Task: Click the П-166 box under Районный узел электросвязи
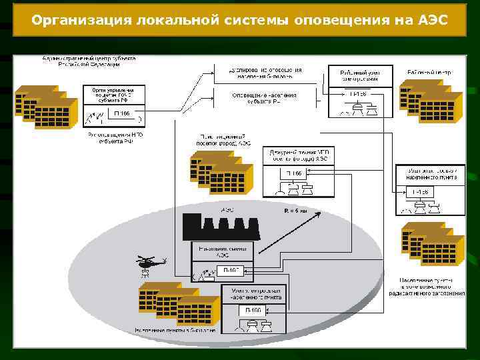pyautogui.click(x=359, y=94)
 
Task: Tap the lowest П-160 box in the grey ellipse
pyautogui.click(x=253, y=311)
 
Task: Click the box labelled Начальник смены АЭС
pyautogui.click(x=223, y=251)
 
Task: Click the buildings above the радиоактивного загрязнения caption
pyautogui.click(x=432, y=243)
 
